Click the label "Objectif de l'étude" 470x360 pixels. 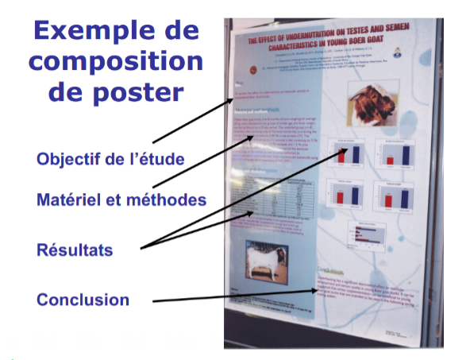tap(110, 159)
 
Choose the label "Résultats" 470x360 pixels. tap(75, 250)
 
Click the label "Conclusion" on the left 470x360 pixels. tap(83, 300)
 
